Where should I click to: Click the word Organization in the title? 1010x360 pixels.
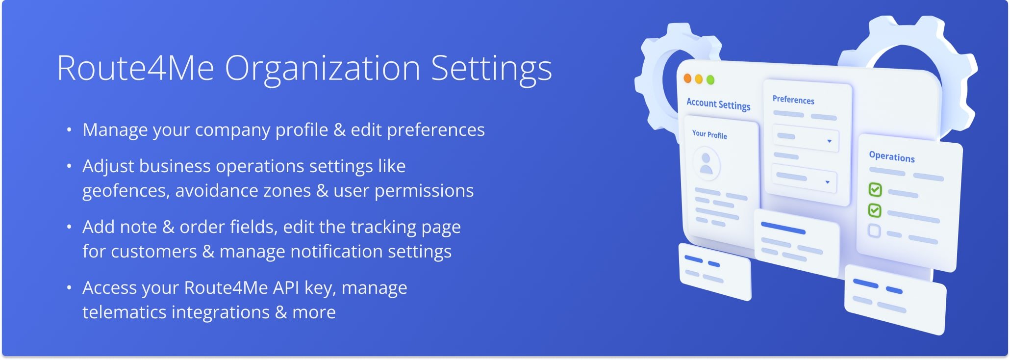322,69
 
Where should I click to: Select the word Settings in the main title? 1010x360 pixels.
491,69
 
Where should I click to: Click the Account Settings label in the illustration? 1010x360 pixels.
718,104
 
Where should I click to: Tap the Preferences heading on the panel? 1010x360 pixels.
793,100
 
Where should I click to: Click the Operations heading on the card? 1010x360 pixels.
892,156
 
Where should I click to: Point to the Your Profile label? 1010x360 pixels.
709,134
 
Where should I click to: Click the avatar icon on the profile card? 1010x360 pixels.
707,164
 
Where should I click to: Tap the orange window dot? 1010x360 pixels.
687,78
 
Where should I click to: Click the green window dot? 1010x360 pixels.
710,80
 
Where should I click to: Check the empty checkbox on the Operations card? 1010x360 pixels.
874,231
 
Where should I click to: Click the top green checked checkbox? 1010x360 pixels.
875,189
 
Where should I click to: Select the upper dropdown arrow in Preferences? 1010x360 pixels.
830,141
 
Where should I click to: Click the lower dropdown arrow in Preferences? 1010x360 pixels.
828,182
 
